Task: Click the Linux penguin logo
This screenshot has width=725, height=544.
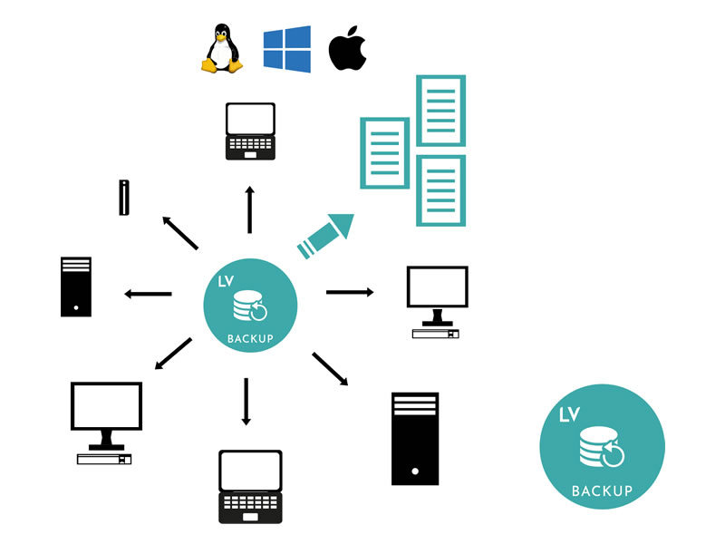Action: click(220, 49)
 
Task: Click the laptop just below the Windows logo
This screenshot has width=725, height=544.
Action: click(250, 131)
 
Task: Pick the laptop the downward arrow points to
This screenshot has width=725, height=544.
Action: click(250, 486)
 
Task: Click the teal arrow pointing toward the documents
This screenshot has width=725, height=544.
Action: click(324, 233)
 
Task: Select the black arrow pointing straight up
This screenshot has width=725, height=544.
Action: click(250, 209)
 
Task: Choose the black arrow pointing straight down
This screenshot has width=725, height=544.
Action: click(246, 401)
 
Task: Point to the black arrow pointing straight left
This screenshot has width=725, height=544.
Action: click(148, 294)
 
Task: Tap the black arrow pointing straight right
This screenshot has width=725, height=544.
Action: click(350, 292)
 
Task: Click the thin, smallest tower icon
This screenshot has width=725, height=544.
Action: click(124, 198)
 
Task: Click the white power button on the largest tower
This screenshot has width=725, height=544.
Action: click(414, 471)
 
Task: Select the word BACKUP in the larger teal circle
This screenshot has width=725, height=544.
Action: click(602, 491)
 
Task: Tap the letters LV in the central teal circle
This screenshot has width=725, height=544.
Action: click(227, 282)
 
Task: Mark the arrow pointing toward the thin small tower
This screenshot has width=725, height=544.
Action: click(179, 232)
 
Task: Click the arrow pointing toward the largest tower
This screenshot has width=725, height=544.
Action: click(330, 369)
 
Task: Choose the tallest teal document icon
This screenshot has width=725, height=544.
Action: click(440, 111)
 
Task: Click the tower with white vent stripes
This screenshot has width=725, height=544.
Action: click(76, 287)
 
